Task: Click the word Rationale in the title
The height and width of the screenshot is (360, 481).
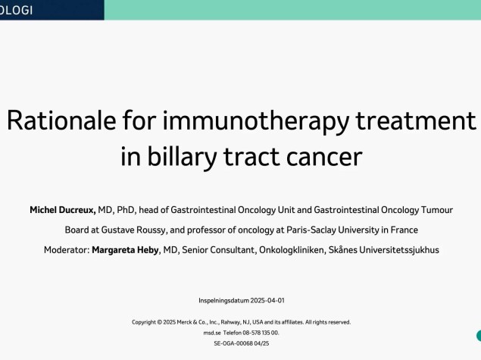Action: tap(61, 121)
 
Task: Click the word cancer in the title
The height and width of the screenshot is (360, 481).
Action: tap(324, 158)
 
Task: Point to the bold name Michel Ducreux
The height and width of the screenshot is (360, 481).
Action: tap(63, 210)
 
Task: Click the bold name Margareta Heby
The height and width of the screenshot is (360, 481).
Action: tap(125, 250)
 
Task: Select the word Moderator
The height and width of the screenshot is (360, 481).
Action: tap(67, 250)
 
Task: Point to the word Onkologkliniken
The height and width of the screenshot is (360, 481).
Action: tap(292, 250)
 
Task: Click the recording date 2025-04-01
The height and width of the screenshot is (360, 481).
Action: tap(267, 300)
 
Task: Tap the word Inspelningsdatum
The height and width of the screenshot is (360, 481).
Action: tap(223, 301)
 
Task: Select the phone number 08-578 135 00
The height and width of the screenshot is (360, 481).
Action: tap(261, 333)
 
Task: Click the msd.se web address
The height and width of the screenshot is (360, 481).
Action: tap(212, 333)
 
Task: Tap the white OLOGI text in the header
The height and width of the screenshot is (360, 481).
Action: tap(16, 11)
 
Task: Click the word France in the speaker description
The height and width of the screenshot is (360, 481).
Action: tap(404, 230)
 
